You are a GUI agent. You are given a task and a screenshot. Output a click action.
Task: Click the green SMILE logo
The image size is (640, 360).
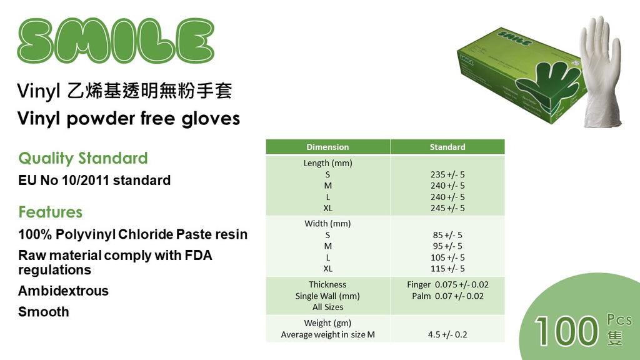(116, 41)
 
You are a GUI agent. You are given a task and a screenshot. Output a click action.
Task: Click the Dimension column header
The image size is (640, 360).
(327, 147)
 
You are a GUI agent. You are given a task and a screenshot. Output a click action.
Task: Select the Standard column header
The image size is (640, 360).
(447, 147)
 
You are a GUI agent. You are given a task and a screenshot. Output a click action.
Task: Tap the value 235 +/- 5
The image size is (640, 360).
(447, 174)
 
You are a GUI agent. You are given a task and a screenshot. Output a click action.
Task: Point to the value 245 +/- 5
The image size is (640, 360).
(447, 207)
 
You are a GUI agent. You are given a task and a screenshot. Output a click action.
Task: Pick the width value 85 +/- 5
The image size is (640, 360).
(447, 235)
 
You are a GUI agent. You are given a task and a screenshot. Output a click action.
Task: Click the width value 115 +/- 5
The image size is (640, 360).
(447, 269)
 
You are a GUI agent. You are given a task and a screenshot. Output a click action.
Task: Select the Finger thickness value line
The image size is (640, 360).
(447, 284)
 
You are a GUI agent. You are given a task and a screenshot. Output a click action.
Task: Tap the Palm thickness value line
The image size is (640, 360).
(447, 296)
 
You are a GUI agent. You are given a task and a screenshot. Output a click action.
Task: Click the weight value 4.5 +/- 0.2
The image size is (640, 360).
(447, 335)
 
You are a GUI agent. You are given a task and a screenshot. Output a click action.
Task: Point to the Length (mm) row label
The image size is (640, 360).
(327, 163)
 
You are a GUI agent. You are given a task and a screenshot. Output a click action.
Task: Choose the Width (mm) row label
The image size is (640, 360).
(327, 224)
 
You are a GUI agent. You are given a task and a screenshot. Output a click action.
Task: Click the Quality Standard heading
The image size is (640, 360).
(83, 158)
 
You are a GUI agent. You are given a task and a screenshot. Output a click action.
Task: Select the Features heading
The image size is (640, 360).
(50, 212)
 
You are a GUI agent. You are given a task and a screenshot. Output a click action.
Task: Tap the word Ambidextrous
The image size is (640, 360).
(63, 291)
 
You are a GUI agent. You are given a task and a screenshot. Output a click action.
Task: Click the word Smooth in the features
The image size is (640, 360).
(44, 312)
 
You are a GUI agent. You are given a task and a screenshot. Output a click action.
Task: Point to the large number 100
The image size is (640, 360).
(566, 331)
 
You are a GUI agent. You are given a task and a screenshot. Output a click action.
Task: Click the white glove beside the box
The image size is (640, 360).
(601, 74)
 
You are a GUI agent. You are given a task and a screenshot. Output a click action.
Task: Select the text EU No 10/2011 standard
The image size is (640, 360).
(94, 181)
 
